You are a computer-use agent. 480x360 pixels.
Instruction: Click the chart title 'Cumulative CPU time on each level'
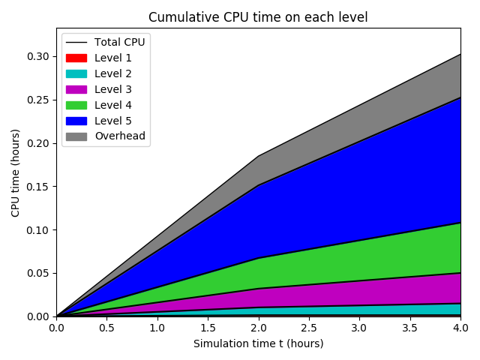pyautogui.click(x=258, y=17)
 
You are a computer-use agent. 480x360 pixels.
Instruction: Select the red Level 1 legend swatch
pyautogui.click(x=76, y=58)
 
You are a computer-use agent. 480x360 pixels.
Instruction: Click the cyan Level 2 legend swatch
pyautogui.click(x=76, y=73)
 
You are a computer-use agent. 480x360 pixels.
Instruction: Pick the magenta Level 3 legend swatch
pyautogui.click(x=76, y=89)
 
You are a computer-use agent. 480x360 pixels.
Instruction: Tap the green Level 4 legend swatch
pyautogui.click(x=76, y=105)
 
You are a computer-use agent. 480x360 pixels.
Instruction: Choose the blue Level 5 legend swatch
pyautogui.click(x=76, y=121)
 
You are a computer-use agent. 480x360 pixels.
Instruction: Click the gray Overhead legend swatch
pyautogui.click(x=76, y=136)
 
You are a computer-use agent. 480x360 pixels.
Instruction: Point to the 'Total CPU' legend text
pyautogui.click(x=119, y=42)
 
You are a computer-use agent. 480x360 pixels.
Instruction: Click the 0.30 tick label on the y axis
pyautogui.click(x=38, y=56)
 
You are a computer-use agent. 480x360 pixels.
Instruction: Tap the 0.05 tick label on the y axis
pyautogui.click(x=38, y=273)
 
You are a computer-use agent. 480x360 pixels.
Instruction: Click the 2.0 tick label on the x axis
pyautogui.click(x=258, y=328)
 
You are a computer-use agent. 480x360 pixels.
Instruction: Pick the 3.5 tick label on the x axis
pyautogui.click(x=409, y=328)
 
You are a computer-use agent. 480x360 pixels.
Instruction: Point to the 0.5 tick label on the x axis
pyautogui.click(x=106, y=328)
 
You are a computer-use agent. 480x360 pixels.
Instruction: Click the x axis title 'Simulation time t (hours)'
pyautogui.click(x=258, y=343)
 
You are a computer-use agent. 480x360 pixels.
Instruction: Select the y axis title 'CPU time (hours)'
pyautogui.click(x=16, y=172)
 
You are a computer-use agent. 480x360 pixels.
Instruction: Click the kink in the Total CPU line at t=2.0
pyautogui.click(x=258, y=156)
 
